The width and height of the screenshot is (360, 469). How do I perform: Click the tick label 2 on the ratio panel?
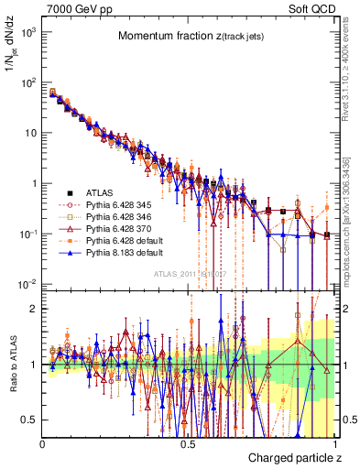35,309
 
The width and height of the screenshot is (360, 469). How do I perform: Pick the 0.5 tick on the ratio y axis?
30,420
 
